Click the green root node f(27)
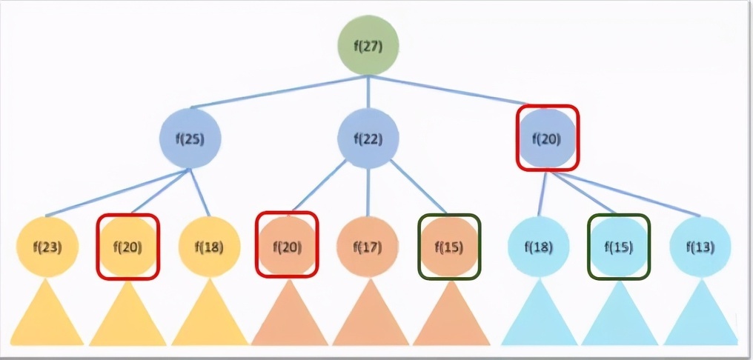pos(368,45)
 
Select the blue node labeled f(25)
pos(190,139)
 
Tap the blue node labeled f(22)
pos(368,139)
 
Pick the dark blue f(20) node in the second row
pos(547,139)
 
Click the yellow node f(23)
pos(47,247)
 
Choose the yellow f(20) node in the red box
pos(127,247)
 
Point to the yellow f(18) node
pos(209,247)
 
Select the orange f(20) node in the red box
pos(287,246)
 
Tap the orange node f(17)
pos(368,247)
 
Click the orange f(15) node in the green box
pos(449,247)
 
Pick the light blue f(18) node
pos(538,247)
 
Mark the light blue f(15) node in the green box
pos(619,247)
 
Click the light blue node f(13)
pos(700,247)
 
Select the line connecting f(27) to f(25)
pos(279,92)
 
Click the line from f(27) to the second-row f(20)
pos(448,90)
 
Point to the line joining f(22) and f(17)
pos(368,192)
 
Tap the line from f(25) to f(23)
pos(118,193)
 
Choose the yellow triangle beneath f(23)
pos(47,312)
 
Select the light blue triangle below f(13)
pos(700,312)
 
